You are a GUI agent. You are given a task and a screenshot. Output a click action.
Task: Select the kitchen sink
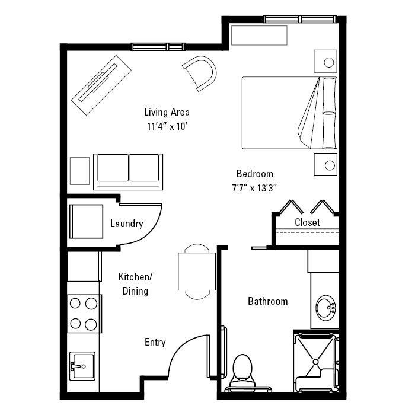tap(82, 366)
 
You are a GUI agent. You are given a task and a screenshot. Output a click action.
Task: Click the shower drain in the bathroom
tap(315, 362)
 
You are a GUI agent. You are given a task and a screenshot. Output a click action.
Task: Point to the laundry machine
tap(87, 221)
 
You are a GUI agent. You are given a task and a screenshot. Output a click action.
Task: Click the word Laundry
tap(126, 224)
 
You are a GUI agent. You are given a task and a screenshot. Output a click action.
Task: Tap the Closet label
tap(307, 222)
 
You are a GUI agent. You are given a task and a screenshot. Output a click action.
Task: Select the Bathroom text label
tap(267, 301)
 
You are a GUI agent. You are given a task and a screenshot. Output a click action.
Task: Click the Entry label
tap(155, 342)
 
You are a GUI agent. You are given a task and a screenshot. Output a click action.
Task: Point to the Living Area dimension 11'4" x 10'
tap(167, 126)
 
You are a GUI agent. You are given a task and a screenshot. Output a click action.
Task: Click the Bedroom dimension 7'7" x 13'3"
tap(254, 188)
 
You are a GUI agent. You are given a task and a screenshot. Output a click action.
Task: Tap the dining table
tap(197, 272)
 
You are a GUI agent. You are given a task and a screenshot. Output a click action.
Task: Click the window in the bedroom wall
tap(300, 19)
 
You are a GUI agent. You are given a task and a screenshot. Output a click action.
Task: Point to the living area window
tap(158, 47)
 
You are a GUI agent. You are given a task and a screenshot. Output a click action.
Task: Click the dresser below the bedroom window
tap(259, 35)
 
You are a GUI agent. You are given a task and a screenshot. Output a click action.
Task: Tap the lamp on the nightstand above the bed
tap(328, 63)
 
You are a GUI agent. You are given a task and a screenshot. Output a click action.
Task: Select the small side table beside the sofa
tap(79, 171)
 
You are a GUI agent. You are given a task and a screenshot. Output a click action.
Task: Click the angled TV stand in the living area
tap(101, 85)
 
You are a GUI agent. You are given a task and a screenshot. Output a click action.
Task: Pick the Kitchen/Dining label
tap(135, 284)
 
